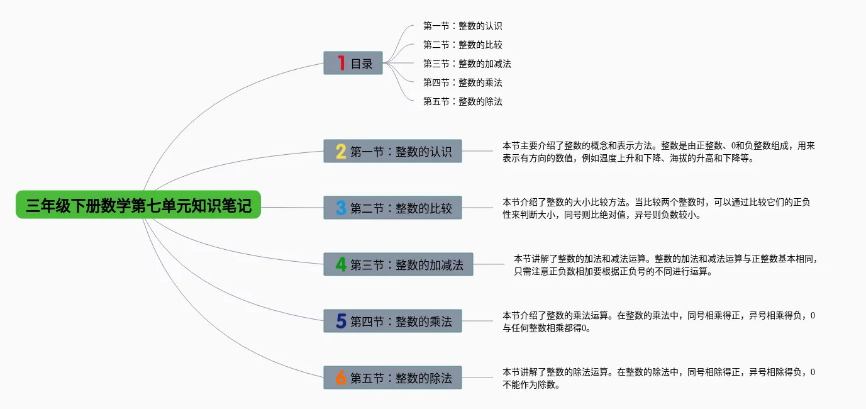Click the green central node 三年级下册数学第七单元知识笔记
138,204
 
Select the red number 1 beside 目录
341,63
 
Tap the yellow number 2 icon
341,151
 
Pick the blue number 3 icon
341,208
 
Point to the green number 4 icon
341,264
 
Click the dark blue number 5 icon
341,321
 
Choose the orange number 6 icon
341,378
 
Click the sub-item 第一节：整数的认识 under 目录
462,26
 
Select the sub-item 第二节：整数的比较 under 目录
462,45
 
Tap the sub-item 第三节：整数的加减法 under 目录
467,64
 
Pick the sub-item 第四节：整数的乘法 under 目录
462,82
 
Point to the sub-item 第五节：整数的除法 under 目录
462,101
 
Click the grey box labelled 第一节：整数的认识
393,151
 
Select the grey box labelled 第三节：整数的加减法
398,264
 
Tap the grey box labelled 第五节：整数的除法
393,378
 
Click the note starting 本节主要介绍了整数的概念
659,152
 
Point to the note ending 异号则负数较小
657,208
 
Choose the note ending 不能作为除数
659,378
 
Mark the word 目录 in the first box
362,64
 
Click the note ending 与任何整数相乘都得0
659,322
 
